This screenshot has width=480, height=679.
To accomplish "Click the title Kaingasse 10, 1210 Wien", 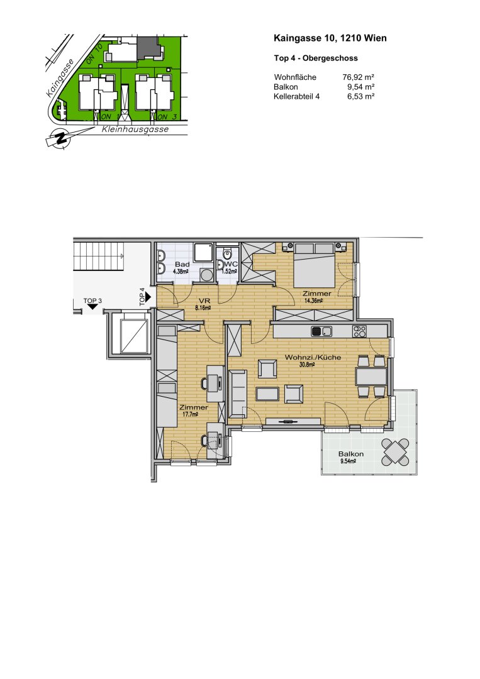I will point(330,39).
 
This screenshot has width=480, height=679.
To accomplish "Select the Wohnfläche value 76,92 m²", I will point(358,77).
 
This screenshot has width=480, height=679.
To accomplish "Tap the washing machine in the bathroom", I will point(205,275).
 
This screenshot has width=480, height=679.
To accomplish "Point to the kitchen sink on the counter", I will point(320,331).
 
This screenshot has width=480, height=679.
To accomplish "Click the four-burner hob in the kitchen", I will point(359,331).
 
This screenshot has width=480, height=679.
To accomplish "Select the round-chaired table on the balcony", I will point(396,451).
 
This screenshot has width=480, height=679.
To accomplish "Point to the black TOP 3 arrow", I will point(92,307).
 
